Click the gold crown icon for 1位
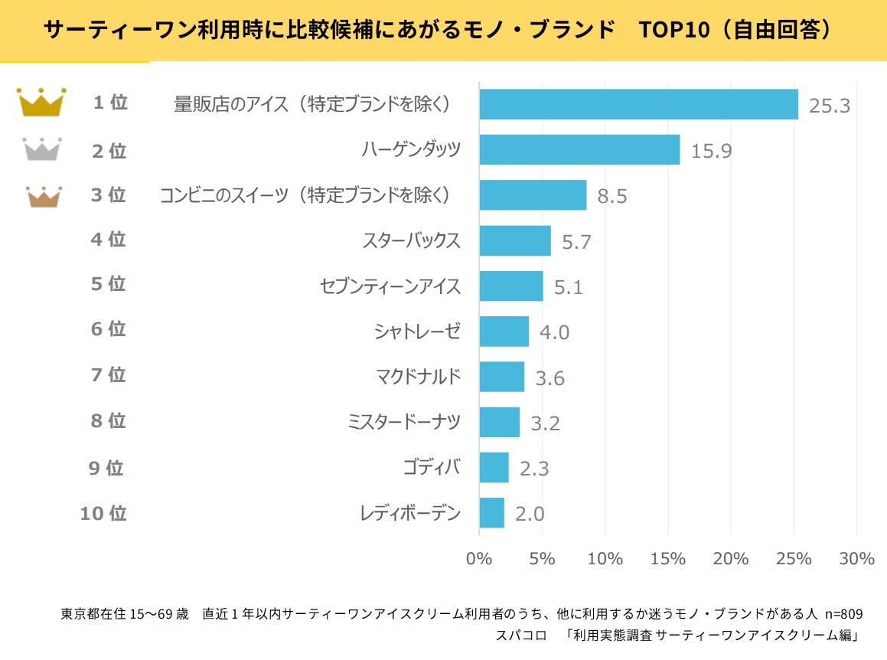click(41, 103)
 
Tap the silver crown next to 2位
click(41, 149)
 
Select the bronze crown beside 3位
click(44, 197)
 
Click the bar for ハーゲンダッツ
click(579, 149)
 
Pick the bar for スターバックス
click(514, 240)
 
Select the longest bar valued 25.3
click(638, 104)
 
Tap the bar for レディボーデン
click(491, 513)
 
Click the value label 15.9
click(711, 151)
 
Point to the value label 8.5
click(612, 197)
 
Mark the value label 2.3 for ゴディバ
click(534, 468)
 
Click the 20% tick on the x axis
click(730, 559)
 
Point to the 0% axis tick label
click(479, 559)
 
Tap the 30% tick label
click(856, 559)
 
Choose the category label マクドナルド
click(418, 376)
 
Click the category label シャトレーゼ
click(417, 331)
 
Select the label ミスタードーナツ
click(404, 421)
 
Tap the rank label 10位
click(103, 513)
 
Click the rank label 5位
click(108, 284)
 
